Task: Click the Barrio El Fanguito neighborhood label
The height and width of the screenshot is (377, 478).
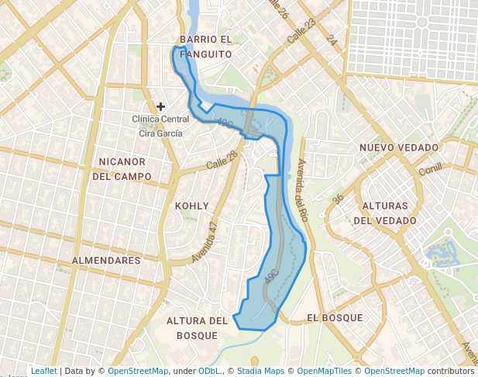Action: coord(205,47)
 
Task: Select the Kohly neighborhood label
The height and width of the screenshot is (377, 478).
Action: coord(192,206)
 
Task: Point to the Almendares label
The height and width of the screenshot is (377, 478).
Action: coord(105,260)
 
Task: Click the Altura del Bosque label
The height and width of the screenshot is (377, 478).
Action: coord(197,327)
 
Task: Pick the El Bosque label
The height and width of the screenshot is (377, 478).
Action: coord(335,318)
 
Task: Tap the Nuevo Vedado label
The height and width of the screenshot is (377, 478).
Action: coord(398,147)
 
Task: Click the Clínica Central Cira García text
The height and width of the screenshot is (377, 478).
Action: coord(160,126)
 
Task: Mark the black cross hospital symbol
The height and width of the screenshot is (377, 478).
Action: coord(161,106)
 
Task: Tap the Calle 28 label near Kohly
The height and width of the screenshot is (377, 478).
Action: coord(222,163)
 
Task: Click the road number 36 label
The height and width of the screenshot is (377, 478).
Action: coord(338,199)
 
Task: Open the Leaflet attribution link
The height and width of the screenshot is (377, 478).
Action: coord(44,371)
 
